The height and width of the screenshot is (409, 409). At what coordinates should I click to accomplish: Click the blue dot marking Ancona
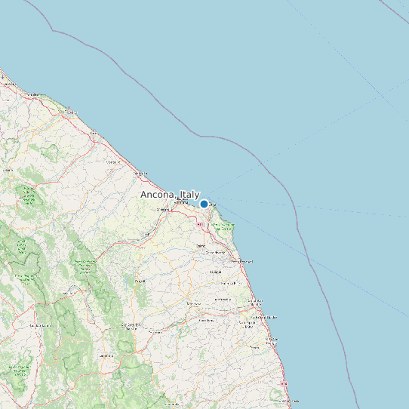[x=204, y=204]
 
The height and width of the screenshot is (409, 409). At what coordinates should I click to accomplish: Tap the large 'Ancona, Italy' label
[x=170, y=194]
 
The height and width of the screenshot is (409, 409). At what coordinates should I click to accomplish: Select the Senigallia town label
[x=140, y=174]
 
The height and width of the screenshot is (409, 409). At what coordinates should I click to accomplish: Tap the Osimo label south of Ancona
[x=201, y=245]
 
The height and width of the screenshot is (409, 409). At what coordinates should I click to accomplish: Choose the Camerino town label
[x=105, y=354]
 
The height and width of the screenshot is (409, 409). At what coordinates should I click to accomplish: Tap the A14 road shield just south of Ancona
[x=200, y=224]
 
